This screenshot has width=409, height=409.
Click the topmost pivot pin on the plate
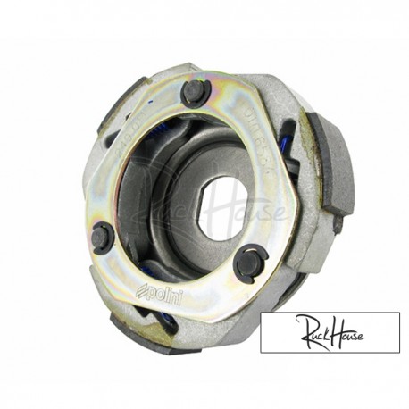[x=195, y=91]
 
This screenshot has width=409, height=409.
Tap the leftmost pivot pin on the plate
[x=102, y=238]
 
